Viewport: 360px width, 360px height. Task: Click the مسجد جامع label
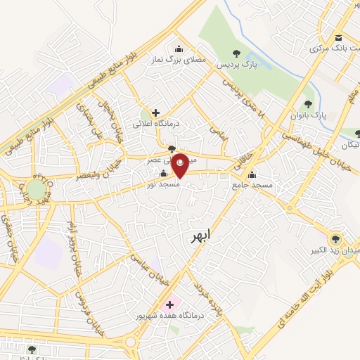coord(255,184)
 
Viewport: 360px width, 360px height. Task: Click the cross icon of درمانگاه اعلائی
coord(155,112)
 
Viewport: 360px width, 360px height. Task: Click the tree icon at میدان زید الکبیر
coord(335,239)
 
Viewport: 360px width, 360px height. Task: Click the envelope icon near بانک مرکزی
coord(339,38)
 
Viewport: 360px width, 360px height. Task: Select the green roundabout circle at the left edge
coord(34,189)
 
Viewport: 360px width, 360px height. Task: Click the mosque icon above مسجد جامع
coord(252,174)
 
